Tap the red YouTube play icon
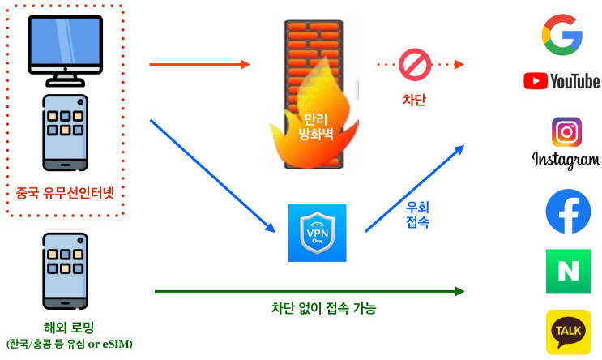(x=536, y=80)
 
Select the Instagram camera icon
(x=566, y=131)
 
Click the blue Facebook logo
(x=568, y=211)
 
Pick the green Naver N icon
(x=568, y=271)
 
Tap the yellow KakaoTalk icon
(x=568, y=332)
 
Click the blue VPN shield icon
(x=317, y=233)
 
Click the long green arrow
(x=308, y=291)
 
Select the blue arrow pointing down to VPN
(x=212, y=179)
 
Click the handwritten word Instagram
(x=566, y=160)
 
